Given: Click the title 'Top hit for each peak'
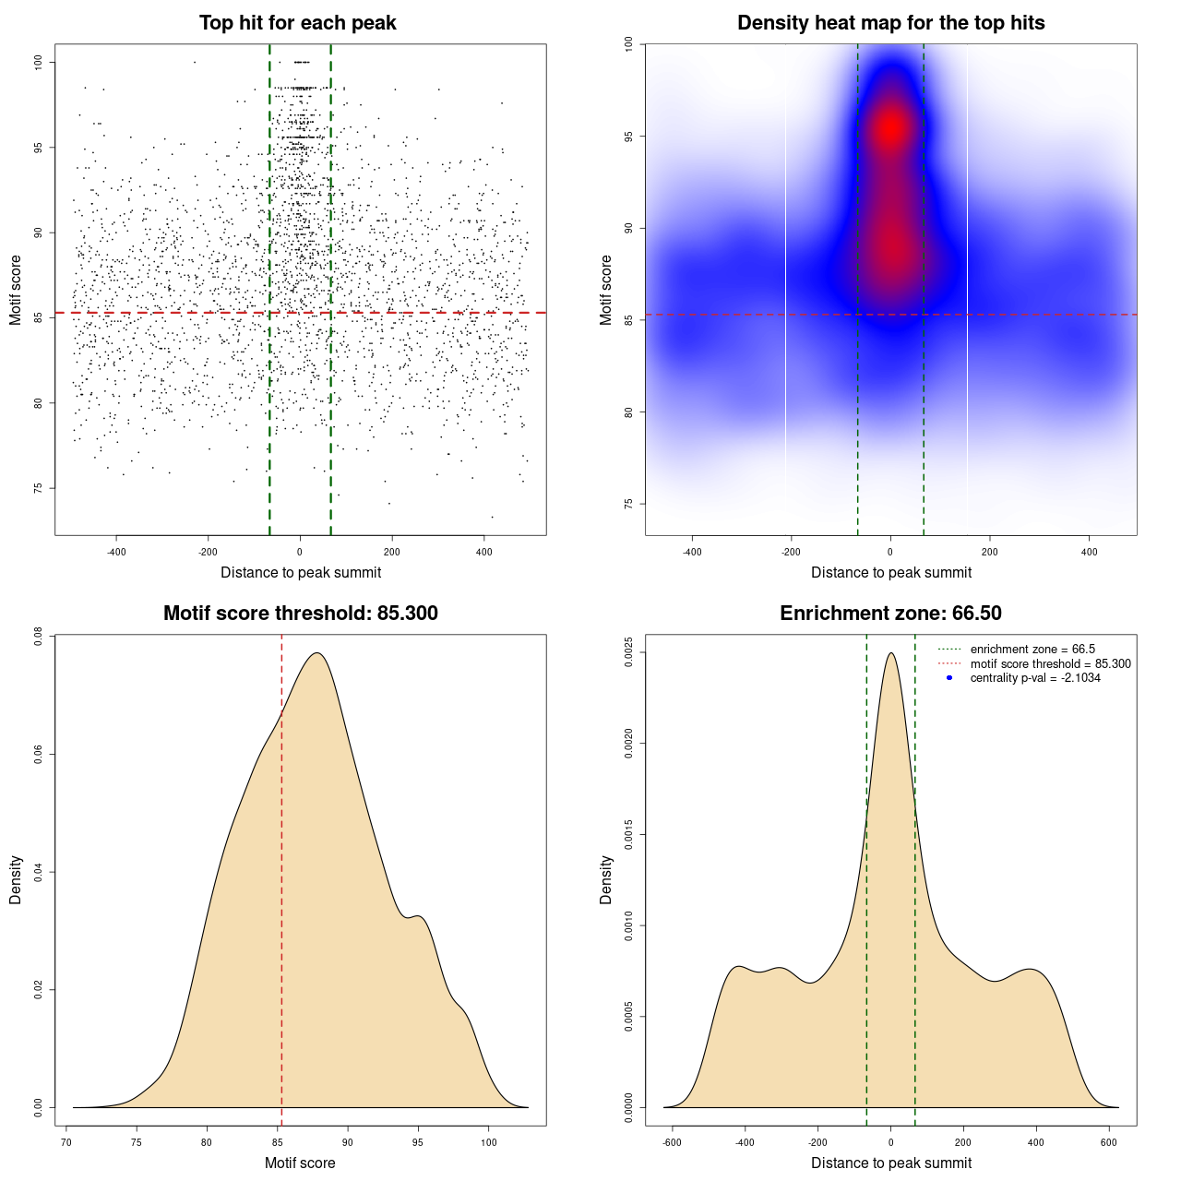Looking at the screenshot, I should tap(298, 23).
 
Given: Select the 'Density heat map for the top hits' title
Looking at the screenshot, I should tap(890, 23).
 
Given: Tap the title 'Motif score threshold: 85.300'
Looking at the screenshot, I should tap(300, 614).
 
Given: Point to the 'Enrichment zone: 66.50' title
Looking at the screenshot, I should tap(890, 614).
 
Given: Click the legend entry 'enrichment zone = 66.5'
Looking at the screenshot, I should tap(1032, 650).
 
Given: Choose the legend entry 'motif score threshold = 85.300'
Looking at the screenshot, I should tap(1050, 664).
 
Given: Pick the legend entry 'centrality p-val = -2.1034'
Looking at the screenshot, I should tap(1035, 678).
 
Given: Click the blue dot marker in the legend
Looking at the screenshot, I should tap(949, 678).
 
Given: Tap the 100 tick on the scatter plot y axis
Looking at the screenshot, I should tap(39, 62).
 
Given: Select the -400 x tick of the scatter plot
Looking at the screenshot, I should tap(115, 552).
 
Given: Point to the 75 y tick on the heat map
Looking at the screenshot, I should tap(628, 504).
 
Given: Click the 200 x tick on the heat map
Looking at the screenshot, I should tap(990, 552).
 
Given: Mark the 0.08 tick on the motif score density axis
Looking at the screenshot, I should tap(39, 636).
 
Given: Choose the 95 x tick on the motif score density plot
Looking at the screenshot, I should tap(418, 1142).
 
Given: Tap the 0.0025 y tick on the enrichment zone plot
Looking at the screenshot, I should tap(628, 652).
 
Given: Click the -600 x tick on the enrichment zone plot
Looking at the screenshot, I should tap(672, 1142).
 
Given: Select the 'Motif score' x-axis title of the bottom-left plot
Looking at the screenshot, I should tap(300, 1163).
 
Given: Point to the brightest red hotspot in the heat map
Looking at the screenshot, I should tap(890, 128).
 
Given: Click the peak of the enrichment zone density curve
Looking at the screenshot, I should tap(890, 653).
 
